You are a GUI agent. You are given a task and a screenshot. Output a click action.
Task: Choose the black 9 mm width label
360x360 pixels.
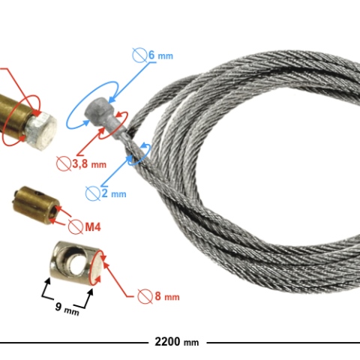click(67, 308)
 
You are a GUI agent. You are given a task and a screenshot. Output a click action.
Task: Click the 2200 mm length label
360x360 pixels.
click(177, 342)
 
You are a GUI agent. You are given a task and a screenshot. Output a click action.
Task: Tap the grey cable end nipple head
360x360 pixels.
click(99, 110)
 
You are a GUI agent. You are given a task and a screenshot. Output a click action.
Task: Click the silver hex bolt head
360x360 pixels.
click(40, 130)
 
